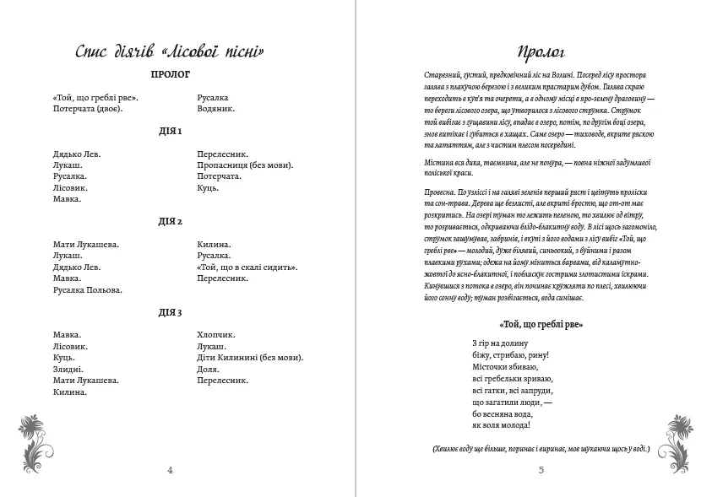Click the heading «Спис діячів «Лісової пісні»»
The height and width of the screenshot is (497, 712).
coord(170,51)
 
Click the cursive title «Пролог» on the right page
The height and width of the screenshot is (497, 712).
coord(541,51)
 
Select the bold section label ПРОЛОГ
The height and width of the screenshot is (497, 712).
coord(170,74)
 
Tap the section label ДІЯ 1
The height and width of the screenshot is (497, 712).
coord(170,132)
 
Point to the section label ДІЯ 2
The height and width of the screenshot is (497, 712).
coord(170,222)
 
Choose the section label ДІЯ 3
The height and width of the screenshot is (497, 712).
coord(170,312)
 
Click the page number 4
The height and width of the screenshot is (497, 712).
coord(170,470)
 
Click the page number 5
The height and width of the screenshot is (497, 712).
coord(541,470)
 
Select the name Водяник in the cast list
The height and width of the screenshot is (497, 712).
coord(215,109)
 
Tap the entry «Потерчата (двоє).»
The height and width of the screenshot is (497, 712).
coord(88,109)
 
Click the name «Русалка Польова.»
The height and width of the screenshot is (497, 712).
coord(87,289)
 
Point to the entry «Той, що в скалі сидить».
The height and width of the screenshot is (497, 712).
coord(247,267)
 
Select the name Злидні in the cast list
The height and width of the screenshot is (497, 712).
coord(68,369)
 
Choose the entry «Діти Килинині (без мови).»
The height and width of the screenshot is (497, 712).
coord(250,358)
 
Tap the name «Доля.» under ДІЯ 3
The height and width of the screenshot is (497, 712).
coord(208,369)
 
